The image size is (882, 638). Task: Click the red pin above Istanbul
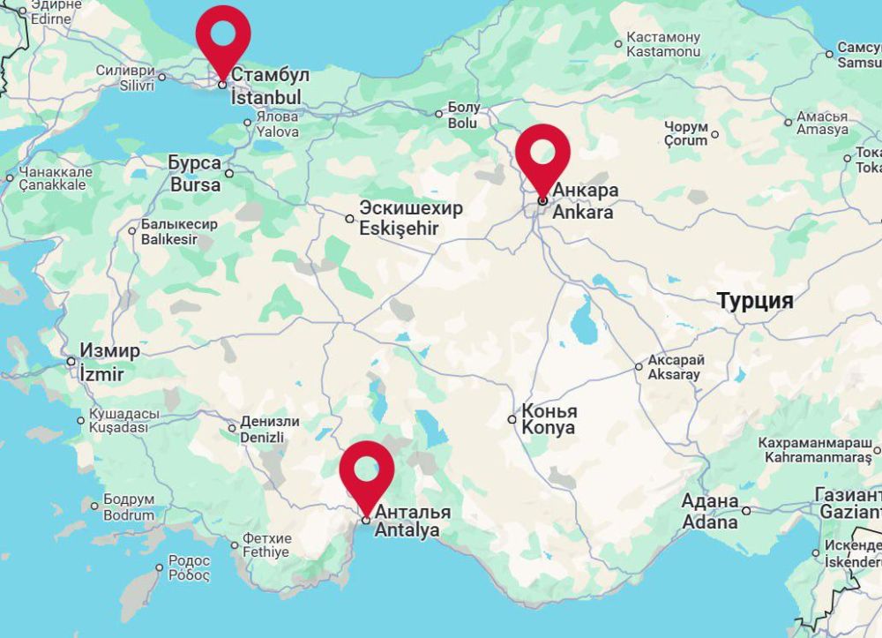click(223, 36)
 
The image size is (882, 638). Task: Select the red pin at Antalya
click(366, 471)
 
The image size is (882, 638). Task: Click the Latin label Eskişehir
click(399, 229)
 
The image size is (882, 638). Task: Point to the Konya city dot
click(512, 419)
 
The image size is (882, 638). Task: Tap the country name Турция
click(754, 301)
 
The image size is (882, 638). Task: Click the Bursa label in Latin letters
click(196, 185)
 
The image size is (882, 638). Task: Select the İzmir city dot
click(71, 361)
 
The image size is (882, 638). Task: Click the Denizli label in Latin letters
click(262, 437)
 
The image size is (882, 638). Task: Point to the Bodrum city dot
click(94, 506)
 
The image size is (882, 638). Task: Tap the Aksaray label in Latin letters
click(674, 374)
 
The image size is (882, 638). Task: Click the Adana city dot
click(746, 510)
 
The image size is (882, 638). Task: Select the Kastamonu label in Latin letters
click(662, 52)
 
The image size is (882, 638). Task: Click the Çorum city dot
click(714, 135)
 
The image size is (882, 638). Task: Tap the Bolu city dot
click(438, 113)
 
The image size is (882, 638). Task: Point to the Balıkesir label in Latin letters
click(169, 239)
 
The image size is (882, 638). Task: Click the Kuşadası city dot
click(80, 420)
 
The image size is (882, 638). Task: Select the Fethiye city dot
click(235, 544)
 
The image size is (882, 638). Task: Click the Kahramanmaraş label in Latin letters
click(818, 457)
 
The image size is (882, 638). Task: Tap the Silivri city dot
click(161, 77)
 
